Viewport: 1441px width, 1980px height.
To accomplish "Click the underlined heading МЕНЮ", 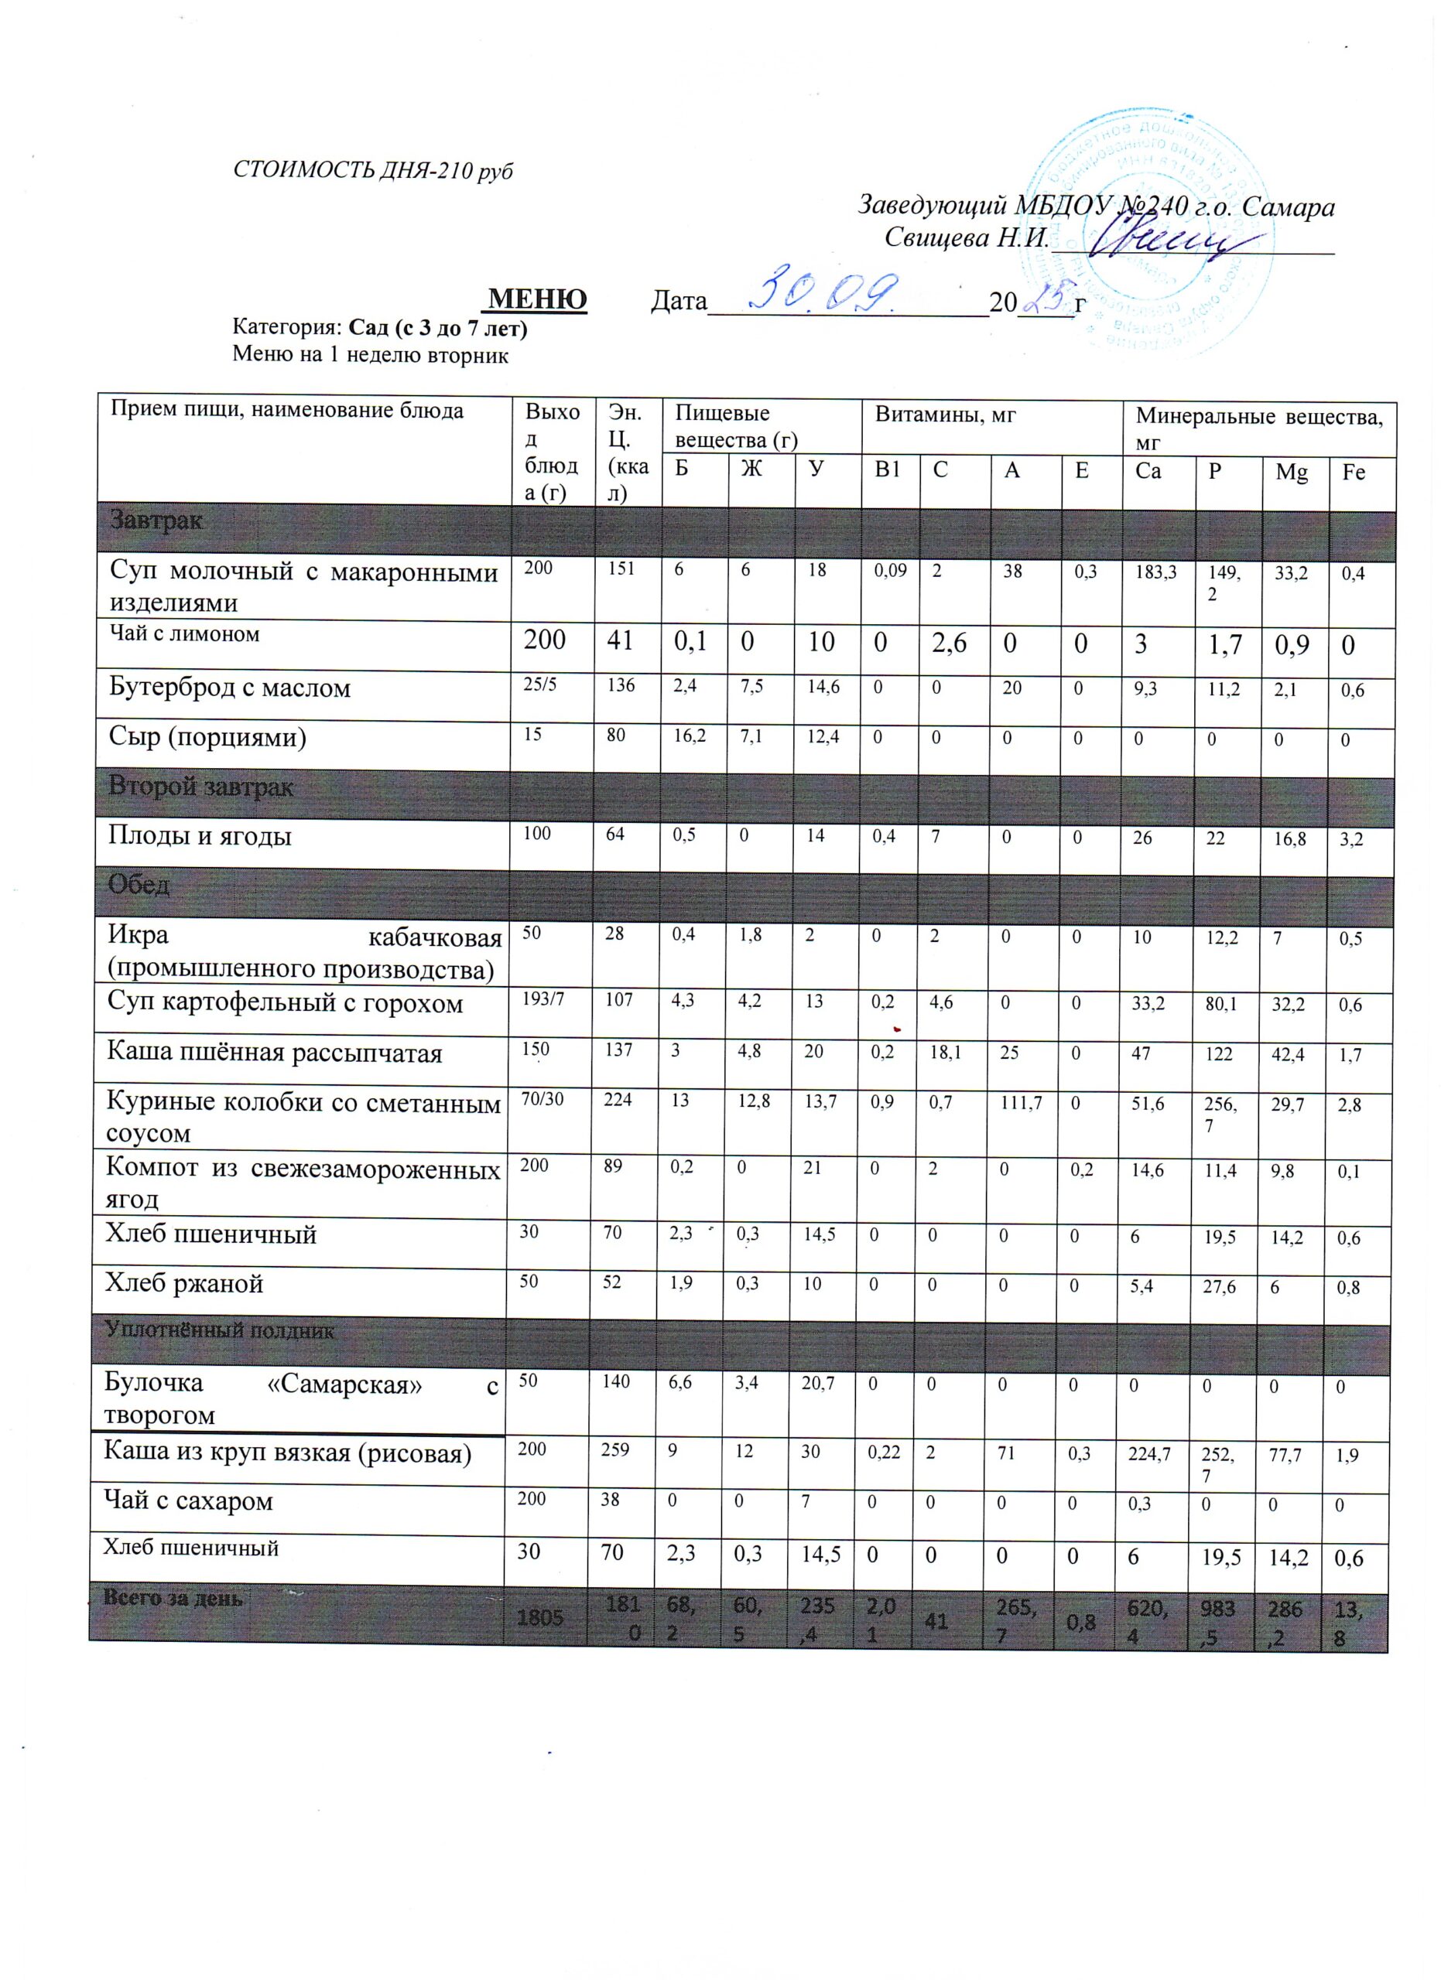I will [x=537, y=299].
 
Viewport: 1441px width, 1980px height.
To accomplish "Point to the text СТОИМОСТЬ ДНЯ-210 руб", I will [x=373, y=170].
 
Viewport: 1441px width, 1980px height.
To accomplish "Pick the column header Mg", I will [x=1292, y=473].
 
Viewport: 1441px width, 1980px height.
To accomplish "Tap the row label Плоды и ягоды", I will [x=199, y=835].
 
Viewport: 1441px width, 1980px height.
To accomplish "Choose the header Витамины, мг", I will [x=945, y=415].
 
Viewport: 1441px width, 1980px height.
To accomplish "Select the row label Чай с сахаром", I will [x=188, y=1500].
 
